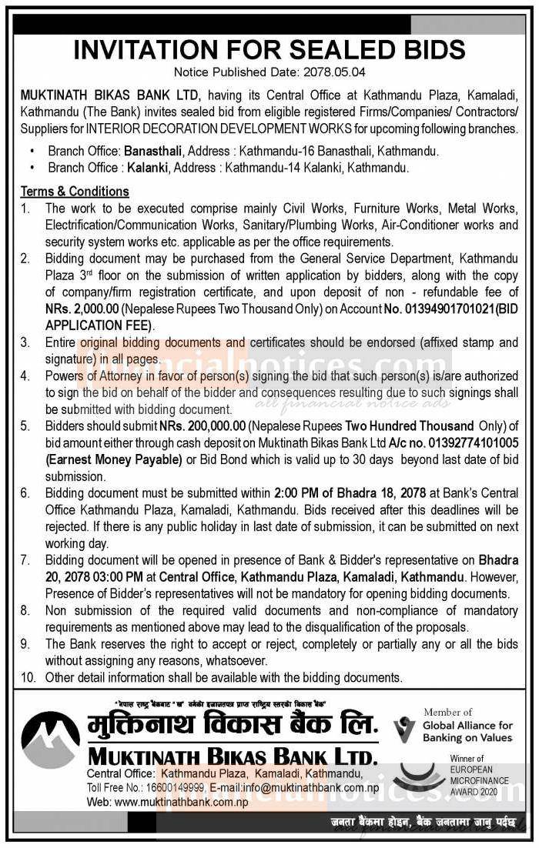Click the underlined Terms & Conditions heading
[x=75, y=192]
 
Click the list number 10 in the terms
[x=27, y=678]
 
